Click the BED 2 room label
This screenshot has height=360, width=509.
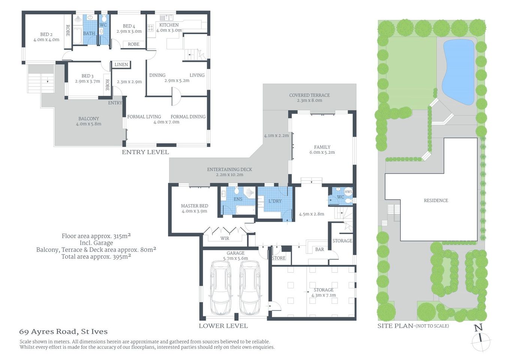tap(46, 34)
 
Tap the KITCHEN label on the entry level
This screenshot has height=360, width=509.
tap(169, 25)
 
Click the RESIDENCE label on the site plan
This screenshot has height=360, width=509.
tap(436, 201)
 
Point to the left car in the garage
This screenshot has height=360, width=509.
tap(221, 288)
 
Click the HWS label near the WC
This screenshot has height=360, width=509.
tap(348, 192)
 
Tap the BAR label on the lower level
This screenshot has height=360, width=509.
tap(319, 249)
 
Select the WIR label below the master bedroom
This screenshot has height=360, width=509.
tap(225, 238)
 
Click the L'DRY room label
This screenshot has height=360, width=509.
tap(275, 201)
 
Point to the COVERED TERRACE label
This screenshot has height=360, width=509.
tap(309, 95)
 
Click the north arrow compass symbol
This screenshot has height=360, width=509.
tap(481, 339)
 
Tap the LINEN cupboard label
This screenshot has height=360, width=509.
tap(121, 64)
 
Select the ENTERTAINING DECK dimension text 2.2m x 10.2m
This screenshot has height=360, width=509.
tap(229, 175)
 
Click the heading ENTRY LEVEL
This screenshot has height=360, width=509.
tap(145, 152)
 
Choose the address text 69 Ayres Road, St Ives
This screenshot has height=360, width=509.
tap(63, 332)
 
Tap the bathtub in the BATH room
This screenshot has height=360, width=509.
tap(77, 36)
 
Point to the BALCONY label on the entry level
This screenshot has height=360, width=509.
tap(88, 118)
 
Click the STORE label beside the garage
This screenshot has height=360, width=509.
tap(278, 258)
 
